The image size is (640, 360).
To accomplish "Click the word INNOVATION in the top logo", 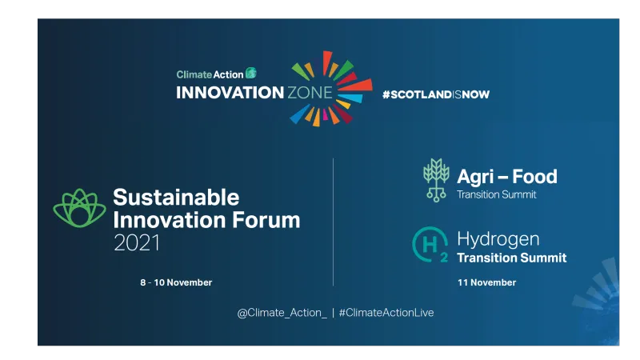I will (x=219, y=93).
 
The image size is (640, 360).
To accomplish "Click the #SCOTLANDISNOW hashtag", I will (x=435, y=94).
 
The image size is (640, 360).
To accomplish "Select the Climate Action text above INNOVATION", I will (x=210, y=74).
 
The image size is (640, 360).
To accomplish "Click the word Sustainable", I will (x=176, y=197).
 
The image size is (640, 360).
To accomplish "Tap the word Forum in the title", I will (x=262, y=220).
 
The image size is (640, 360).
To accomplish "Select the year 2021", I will (x=136, y=242).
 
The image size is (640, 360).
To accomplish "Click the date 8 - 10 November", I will (x=176, y=282).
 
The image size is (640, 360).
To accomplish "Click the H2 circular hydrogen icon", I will (x=430, y=245).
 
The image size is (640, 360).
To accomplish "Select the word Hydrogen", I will (x=498, y=239).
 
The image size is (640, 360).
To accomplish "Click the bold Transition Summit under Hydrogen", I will (x=511, y=258).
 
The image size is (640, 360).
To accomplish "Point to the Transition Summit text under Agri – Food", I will (x=496, y=194).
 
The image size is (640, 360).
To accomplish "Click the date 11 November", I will (x=486, y=282).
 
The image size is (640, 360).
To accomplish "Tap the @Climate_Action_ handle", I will (x=282, y=313).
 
